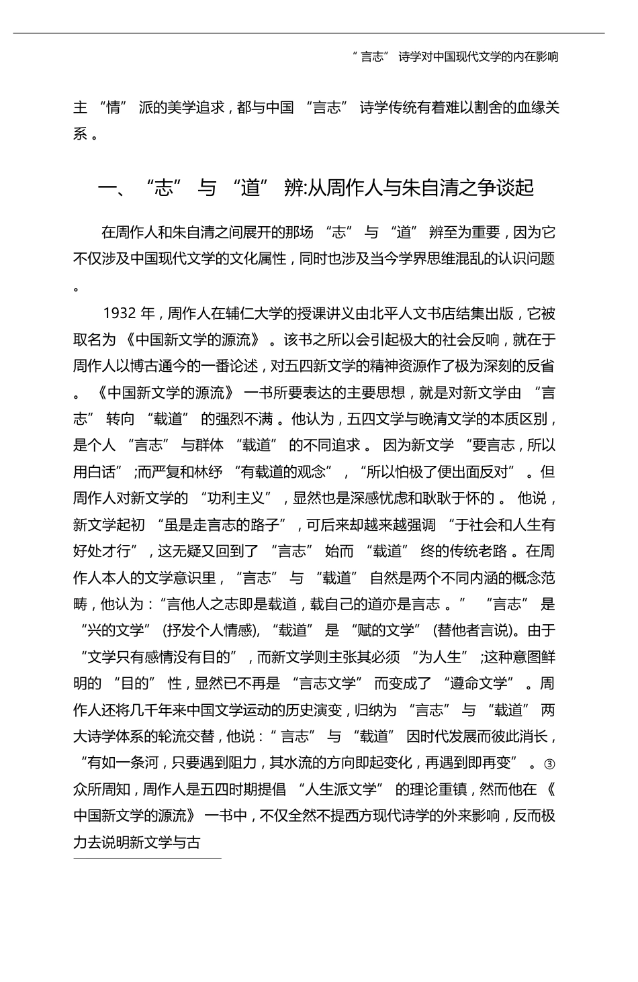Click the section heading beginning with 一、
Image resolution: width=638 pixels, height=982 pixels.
(316, 188)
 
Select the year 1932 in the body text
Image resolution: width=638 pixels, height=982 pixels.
(120, 313)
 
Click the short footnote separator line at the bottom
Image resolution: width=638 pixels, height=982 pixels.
(147, 858)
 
